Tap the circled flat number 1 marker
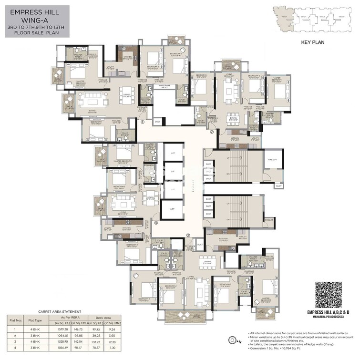coord(143,122)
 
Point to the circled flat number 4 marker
coord(156,223)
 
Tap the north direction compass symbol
coord(234,340)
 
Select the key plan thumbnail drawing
coord(312,19)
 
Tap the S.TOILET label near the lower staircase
coord(269,220)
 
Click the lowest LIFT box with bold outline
coord(171,208)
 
